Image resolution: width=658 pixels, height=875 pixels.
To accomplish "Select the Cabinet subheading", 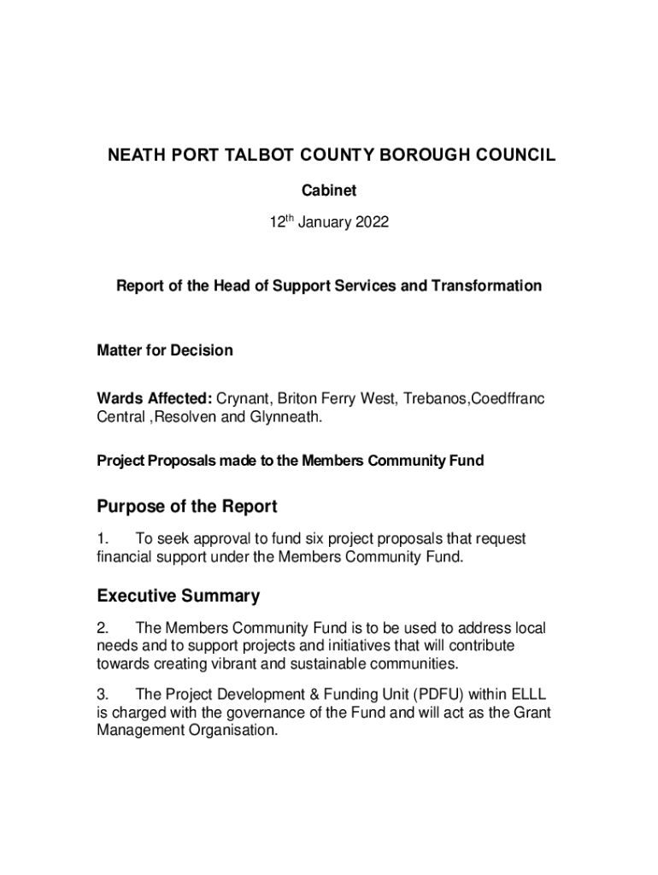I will [329, 191].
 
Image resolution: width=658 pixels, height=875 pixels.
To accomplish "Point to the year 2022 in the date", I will [370, 223].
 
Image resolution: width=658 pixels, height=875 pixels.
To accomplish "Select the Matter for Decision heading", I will [165, 350].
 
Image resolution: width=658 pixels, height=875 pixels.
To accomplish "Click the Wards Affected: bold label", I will [155, 399].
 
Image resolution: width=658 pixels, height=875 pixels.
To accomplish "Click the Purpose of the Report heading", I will [187, 507].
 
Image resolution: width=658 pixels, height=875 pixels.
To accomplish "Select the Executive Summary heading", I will [179, 596].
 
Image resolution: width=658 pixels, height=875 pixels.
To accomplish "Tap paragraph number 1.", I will [103, 539].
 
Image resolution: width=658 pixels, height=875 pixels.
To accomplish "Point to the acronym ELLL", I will [527, 694].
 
